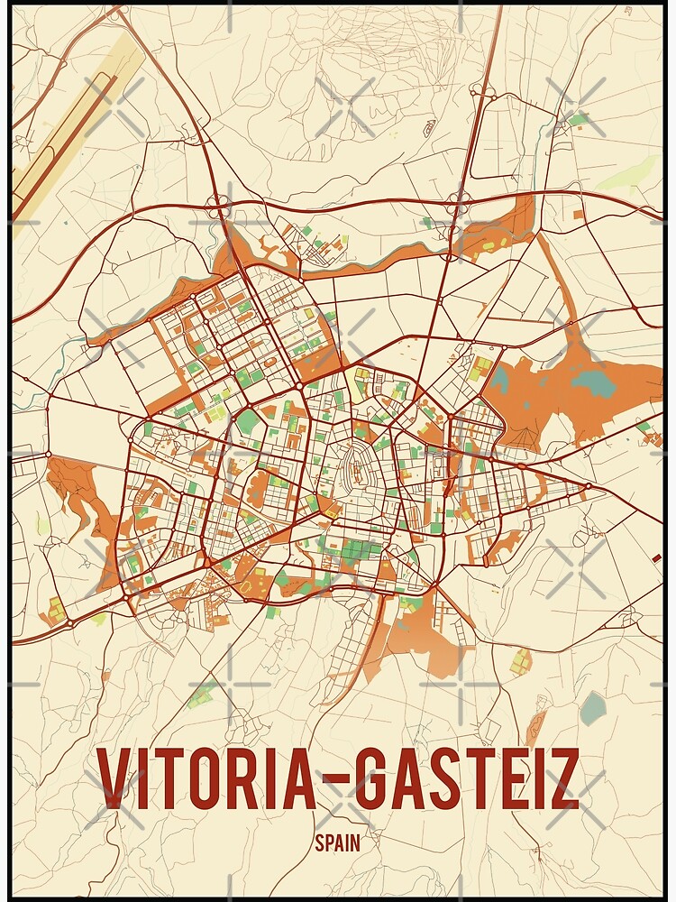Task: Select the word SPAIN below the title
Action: click(x=338, y=843)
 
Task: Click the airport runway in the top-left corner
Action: click(x=63, y=135)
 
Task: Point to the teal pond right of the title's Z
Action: click(x=592, y=708)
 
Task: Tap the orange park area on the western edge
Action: click(x=77, y=496)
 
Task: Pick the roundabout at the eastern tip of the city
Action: click(x=588, y=487)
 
